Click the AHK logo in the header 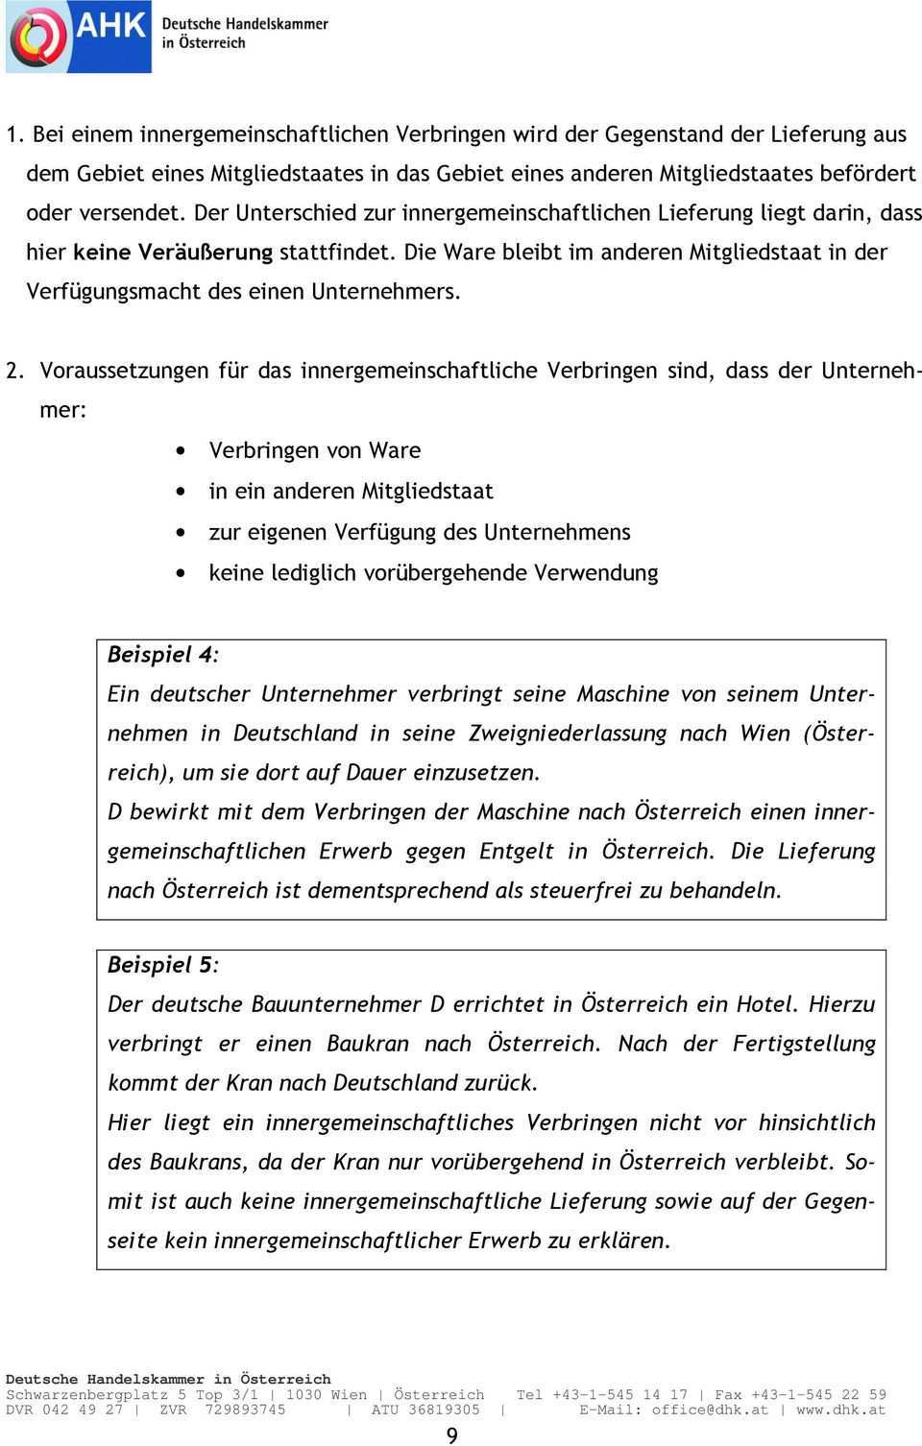(x=79, y=37)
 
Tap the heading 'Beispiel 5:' (x=162, y=964)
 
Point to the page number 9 (x=452, y=1434)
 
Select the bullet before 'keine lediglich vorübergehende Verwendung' (x=182, y=573)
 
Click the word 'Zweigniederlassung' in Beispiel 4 (x=567, y=734)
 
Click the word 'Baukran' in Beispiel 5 (x=368, y=1044)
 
